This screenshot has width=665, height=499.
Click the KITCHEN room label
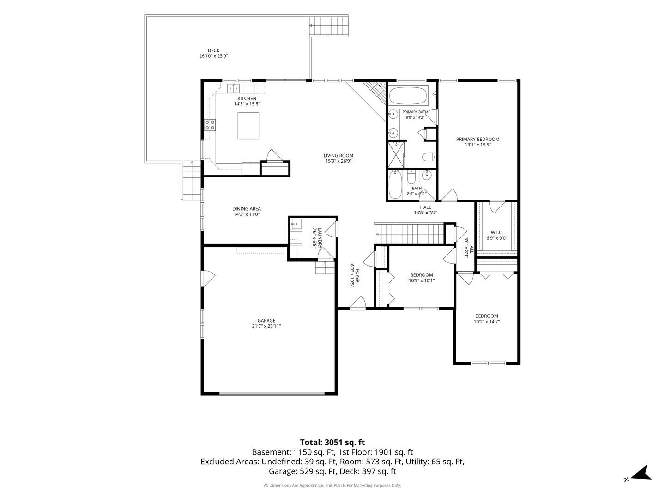click(247, 98)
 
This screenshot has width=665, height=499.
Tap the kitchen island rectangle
click(248, 126)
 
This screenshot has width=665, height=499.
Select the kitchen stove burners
click(210, 125)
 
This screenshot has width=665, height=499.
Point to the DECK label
click(213, 51)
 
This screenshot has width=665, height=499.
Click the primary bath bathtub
click(408, 96)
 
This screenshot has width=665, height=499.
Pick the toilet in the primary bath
click(429, 157)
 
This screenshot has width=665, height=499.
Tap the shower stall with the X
click(396, 154)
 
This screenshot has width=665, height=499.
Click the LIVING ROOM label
click(339, 156)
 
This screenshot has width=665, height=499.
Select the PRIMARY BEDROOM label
click(478, 140)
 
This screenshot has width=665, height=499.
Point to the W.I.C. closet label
click(496, 233)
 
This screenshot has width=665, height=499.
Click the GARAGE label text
click(266, 321)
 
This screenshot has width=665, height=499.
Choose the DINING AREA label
click(246, 209)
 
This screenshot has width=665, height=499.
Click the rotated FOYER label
click(357, 276)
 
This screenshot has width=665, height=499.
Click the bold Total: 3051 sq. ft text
click(332, 443)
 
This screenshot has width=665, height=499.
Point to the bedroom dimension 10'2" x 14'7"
click(487, 322)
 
